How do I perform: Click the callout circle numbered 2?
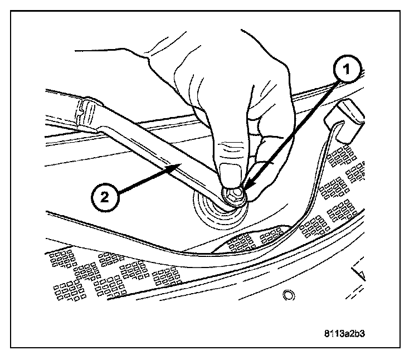pyautogui.click(x=105, y=196)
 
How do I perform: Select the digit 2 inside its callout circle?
pyautogui.click(x=105, y=196)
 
